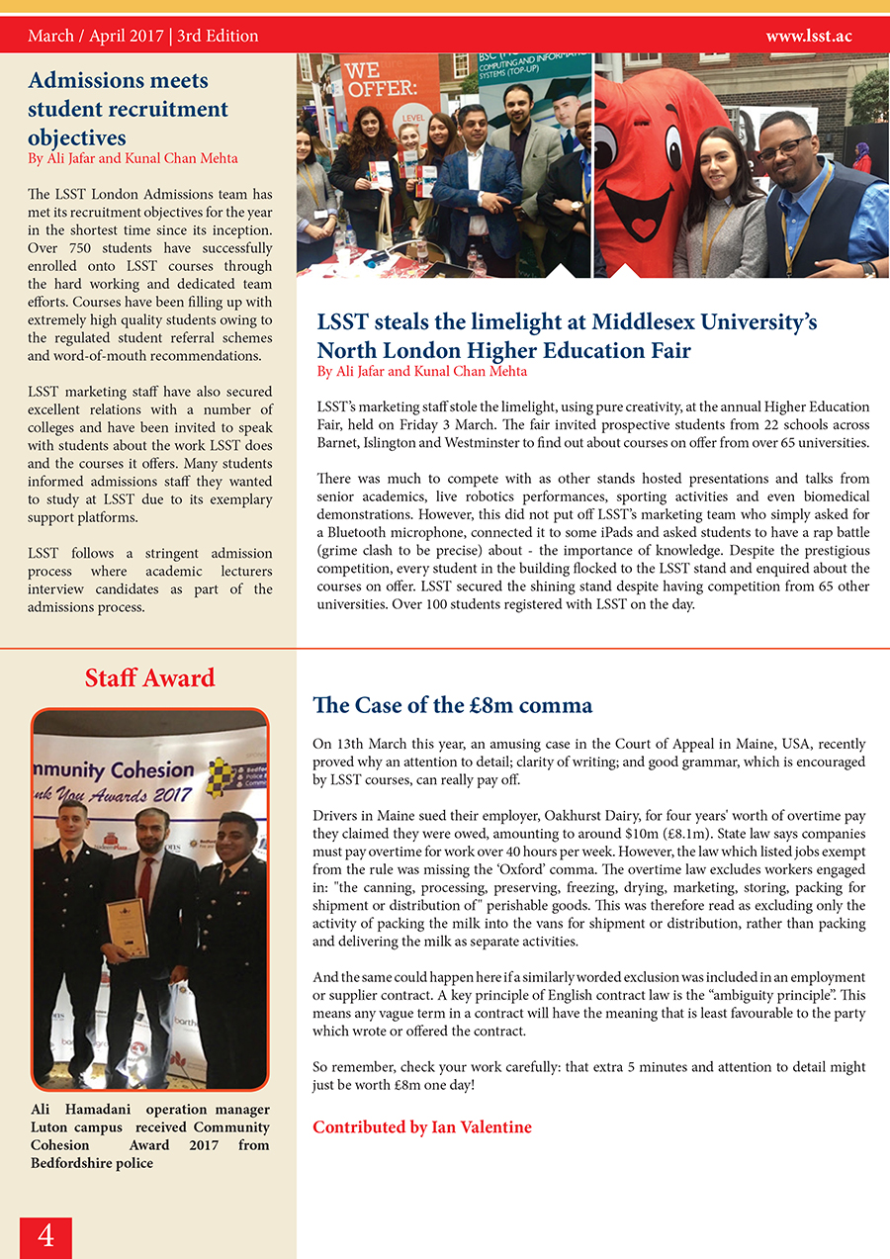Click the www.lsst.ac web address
808,37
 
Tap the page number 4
45,1236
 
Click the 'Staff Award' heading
149,678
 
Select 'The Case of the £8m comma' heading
452,705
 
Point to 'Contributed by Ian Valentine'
422,1126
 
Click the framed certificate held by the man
127,927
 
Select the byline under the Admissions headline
133,158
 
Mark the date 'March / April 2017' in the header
95,37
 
